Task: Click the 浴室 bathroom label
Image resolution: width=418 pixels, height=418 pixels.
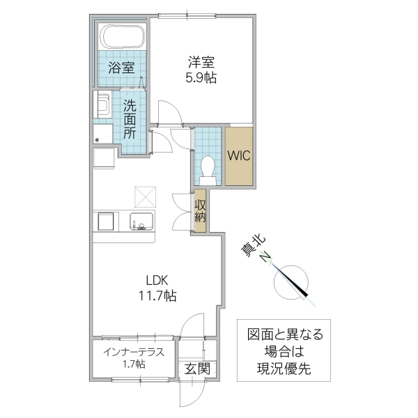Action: tap(121, 68)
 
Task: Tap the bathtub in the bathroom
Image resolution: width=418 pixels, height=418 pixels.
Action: tap(122, 36)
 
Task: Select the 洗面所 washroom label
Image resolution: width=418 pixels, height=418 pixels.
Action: tap(130, 120)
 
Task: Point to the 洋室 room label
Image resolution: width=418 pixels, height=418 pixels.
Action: tap(201, 61)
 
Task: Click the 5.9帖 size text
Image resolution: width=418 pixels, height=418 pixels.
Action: tap(201, 77)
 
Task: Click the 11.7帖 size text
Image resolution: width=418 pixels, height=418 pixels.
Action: tap(156, 296)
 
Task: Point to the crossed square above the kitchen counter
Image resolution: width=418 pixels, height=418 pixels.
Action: tap(146, 197)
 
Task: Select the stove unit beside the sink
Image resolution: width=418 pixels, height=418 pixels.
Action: tap(107, 222)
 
